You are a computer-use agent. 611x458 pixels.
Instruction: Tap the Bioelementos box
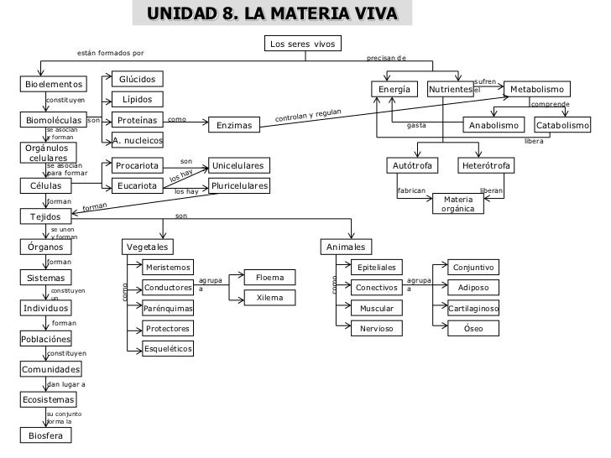pos(54,84)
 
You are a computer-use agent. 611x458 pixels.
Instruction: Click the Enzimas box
pos(234,126)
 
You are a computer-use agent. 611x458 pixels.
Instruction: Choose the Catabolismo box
pos(563,126)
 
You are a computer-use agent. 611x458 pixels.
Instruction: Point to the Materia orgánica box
pos(458,204)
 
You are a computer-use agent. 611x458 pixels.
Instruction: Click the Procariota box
pos(138,166)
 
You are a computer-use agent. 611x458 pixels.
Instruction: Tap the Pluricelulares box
pos(239,185)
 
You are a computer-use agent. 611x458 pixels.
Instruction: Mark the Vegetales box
pos(148,247)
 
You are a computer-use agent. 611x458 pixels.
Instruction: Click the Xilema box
pos(269,298)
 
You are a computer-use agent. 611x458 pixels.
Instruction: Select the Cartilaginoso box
pos(474,309)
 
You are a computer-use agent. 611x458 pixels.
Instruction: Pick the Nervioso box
pos(377,329)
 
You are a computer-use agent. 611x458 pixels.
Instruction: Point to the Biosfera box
pos(46,435)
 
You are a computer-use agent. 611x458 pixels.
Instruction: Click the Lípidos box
pos(137,100)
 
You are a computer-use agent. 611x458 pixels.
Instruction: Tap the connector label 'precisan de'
pos(386,59)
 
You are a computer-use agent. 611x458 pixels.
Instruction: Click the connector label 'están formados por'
pos(110,53)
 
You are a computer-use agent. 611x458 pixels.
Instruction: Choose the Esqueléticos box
pos(168,348)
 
